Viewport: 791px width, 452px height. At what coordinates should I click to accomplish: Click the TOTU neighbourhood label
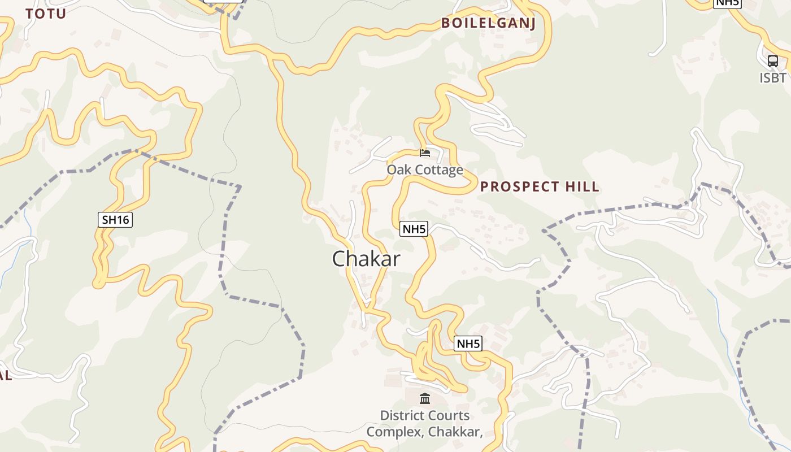point(46,14)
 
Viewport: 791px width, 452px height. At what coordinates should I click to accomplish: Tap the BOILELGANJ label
point(488,23)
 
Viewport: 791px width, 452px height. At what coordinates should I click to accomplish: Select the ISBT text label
point(772,77)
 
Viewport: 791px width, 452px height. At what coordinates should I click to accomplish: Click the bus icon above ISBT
point(772,61)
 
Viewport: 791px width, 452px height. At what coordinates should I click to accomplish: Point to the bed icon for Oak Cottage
point(425,153)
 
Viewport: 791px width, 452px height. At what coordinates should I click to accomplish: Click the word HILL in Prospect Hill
point(580,187)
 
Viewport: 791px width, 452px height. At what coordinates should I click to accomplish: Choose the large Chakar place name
point(366,259)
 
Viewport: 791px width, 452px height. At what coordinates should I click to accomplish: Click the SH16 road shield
point(115,220)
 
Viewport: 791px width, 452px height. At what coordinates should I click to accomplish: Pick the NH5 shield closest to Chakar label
point(414,229)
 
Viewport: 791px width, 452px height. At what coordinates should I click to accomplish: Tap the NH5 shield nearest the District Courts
point(468,344)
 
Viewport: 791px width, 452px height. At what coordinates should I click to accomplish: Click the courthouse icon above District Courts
point(425,399)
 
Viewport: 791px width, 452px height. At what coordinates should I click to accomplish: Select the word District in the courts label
point(402,416)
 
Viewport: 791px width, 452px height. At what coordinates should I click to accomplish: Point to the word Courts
point(449,416)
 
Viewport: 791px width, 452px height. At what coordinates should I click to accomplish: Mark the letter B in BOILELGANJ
point(445,23)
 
